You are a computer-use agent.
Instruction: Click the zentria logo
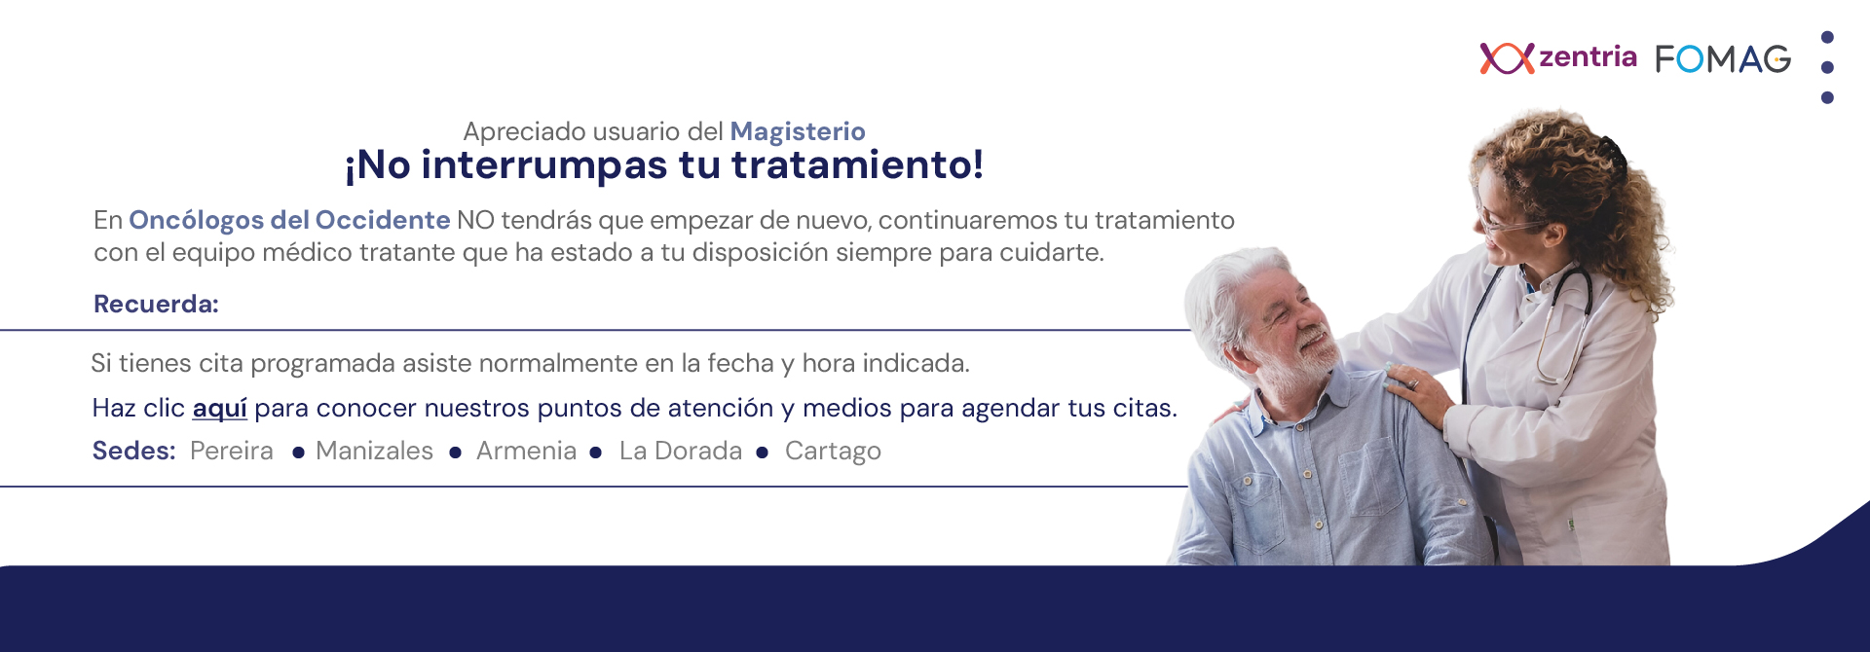pos(1557,58)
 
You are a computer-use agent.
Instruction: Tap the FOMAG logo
pos(1723,59)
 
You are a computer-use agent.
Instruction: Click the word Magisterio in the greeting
pos(798,131)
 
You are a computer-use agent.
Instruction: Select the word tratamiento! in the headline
pos(858,165)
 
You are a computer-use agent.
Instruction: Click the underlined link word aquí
pos(219,409)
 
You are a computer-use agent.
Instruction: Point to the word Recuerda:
pos(156,304)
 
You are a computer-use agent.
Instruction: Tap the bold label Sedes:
pos(133,451)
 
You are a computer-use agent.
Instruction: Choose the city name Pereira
pos(232,451)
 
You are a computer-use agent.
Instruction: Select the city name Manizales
pos(375,451)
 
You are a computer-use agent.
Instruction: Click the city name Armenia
pos(527,451)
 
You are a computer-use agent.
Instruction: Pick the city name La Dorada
pos(681,451)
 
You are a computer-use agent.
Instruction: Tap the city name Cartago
pos(833,452)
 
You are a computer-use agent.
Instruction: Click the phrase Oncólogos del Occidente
pos(289,221)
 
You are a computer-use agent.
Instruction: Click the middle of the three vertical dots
pos(1827,67)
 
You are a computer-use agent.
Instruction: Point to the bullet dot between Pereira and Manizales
pos(298,453)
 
